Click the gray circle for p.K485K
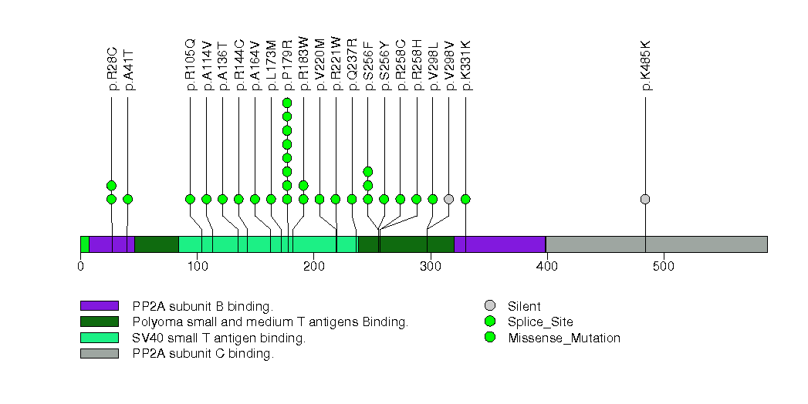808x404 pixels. pyautogui.click(x=645, y=199)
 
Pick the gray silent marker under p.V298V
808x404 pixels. pyautogui.click(x=449, y=199)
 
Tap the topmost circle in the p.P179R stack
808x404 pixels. pyautogui.click(x=287, y=103)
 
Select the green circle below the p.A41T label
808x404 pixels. pyautogui.click(x=128, y=199)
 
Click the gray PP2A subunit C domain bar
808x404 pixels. pyautogui.click(x=656, y=244)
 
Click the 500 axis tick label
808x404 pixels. pyautogui.click(x=663, y=267)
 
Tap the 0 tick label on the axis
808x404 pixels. pyautogui.click(x=81, y=267)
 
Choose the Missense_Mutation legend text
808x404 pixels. pyautogui.click(x=564, y=338)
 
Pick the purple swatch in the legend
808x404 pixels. pyautogui.click(x=99, y=306)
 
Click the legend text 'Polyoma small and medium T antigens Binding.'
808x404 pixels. pyautogui.click(x=269, y=322)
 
